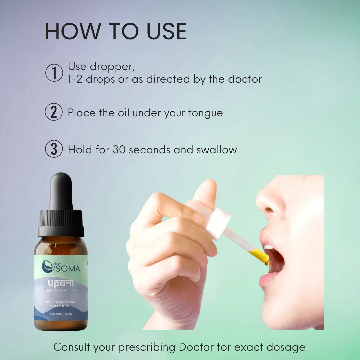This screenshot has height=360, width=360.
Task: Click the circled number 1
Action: [x=54, y=73]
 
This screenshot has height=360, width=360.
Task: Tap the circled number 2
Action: [x=54, y=112]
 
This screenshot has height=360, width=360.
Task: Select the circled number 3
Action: [x=54, y=149]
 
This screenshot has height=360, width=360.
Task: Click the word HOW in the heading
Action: [x=73, y=31]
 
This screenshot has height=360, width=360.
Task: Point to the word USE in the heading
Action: [x=167, y=31]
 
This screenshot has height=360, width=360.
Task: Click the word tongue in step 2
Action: [x=205, y=113]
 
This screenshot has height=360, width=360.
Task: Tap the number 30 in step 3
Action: [x=119, y=150]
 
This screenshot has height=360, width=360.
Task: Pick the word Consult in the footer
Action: [x=72, y=347]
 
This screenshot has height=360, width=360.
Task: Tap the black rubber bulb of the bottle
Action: [x=61, y=191]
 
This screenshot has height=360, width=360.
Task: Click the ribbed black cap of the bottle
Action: [x=61, y=223]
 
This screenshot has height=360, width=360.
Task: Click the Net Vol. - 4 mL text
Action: [x=61, y=314]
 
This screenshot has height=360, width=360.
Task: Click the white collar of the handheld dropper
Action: [x=218, y=224]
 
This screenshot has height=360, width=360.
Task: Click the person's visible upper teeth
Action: [x=268, y=247]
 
